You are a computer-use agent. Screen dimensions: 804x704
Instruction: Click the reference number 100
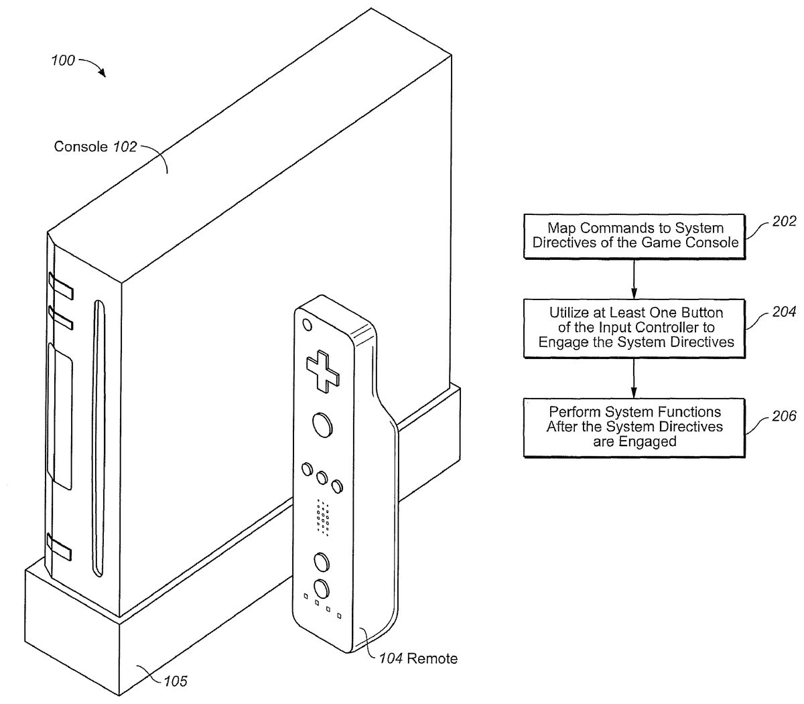point(63,60)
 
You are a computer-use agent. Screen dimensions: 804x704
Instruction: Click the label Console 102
point(95,147)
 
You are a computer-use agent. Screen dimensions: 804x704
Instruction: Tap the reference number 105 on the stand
point(176,681)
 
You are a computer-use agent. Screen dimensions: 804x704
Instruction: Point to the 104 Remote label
point(418,658)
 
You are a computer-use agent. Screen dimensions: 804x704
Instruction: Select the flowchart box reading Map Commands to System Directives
point(634,236)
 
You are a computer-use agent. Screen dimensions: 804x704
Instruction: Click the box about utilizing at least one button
point(634,328)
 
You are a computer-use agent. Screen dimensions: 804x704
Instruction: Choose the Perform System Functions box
point(634,428)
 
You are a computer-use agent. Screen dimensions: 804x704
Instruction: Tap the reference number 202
point(784,221)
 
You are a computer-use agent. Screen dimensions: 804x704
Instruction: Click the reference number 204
point(784,311)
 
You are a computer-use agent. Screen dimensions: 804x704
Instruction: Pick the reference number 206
point(784,416)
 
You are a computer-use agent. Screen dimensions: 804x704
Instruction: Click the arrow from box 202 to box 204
point(633,279)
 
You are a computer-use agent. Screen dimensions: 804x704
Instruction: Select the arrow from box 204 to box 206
point(633,378)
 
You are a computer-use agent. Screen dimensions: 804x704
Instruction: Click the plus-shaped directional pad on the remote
point(323,371)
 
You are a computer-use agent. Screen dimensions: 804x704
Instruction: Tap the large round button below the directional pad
point(323,425)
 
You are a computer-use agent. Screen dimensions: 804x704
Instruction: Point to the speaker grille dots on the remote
point(323,517)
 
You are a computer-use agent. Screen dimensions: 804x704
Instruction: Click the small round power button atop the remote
point(308,325)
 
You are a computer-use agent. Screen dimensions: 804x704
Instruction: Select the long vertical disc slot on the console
point(99,439)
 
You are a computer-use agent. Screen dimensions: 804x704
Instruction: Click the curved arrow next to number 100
point(92,66)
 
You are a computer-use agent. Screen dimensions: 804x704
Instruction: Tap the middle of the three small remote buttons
point(322,478)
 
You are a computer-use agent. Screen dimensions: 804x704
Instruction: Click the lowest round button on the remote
point(322,589)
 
